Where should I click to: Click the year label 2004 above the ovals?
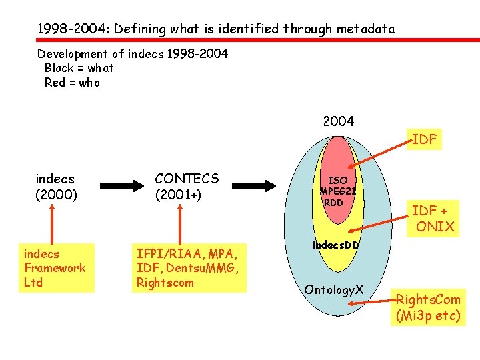click(338, 121)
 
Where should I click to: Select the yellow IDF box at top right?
click(424, 139)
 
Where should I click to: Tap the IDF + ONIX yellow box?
click(433, 219)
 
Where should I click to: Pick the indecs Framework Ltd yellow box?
click(55, 268)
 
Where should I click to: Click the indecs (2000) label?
click(56, 187)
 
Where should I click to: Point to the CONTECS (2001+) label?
click(187, 187)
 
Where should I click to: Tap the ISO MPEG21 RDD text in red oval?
click(337, 191)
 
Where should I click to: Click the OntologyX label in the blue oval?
click(333, 290)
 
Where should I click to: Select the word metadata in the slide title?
click(365, 29)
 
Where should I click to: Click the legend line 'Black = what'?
click(79, 68)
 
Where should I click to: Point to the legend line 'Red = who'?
click(72, 83)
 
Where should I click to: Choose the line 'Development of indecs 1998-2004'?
click(133, 53)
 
